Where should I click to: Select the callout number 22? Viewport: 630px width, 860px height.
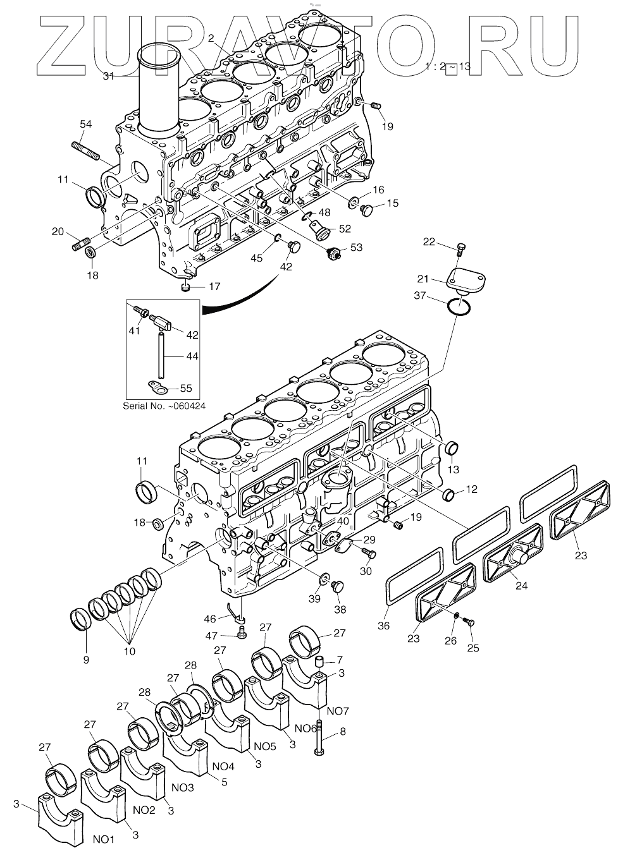[x=447, y=242]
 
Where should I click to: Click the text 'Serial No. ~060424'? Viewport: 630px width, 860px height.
[x=164, y=406]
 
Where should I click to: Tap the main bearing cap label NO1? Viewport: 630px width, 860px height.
[x=104, y=839]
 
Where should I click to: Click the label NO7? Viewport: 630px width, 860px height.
[x=339, y=712]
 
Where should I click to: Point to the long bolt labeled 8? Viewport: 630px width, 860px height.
[x=320, y=733]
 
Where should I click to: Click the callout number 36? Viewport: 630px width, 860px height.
[x=383, y=626]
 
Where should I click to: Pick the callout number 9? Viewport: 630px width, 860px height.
[x=85, y=659]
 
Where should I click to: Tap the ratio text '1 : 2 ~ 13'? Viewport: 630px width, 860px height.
[x=448, y=66]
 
